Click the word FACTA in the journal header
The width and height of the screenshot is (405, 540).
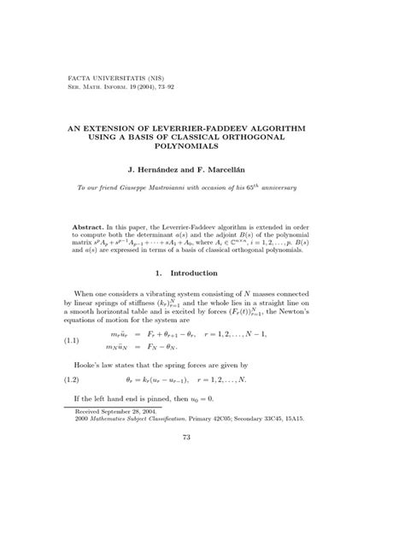pyautogui.click(x=80, y=77)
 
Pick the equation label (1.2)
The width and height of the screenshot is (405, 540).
pyautogui.click(x=77, y=401)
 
